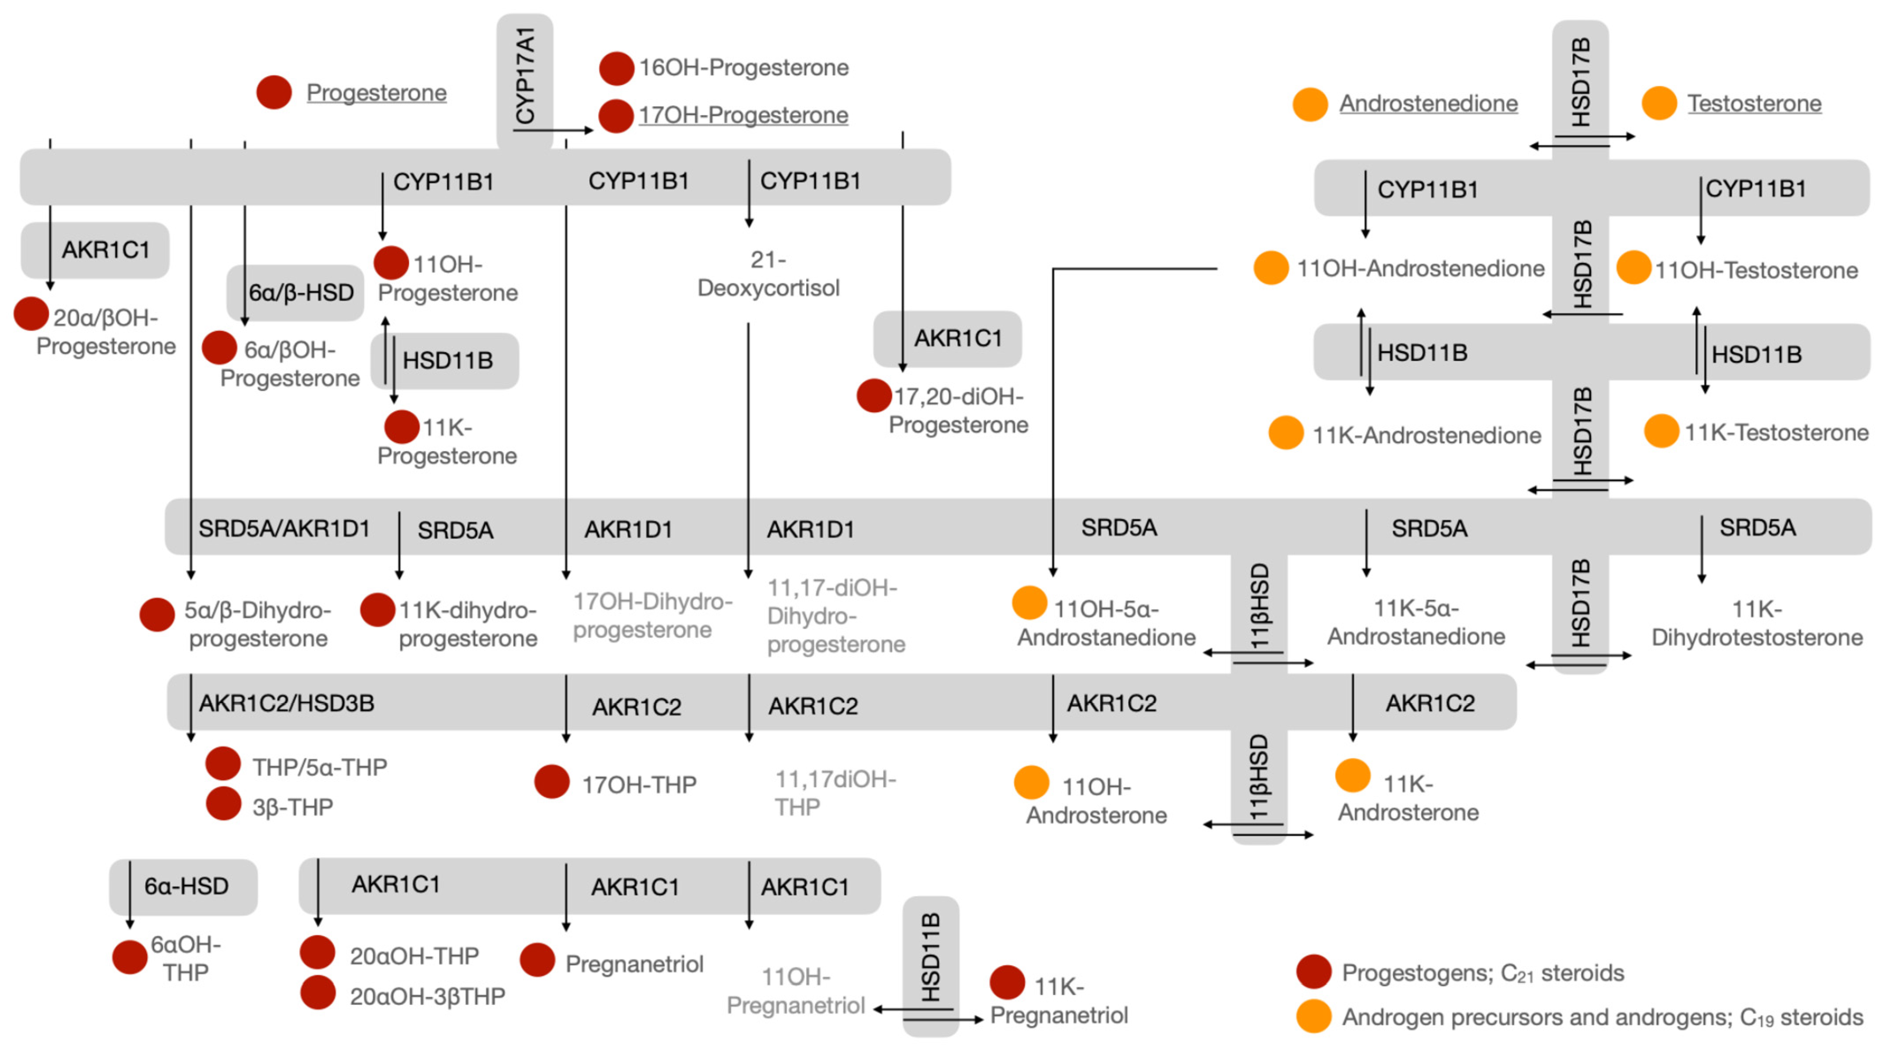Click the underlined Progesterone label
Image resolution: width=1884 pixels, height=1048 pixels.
[376, 93]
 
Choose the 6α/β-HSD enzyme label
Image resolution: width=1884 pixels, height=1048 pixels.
[301, 292]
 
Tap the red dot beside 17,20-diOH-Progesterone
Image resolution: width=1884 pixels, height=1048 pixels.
[873, 396]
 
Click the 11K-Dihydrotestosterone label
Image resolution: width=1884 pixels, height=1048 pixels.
[1757, 623]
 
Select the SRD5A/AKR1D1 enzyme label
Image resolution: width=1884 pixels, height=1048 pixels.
[284, 528]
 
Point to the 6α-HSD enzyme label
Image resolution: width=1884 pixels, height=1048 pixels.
[187, 886]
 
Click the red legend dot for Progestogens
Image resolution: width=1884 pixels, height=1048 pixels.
[1313, 972]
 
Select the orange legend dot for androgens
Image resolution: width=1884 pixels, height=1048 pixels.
[1313, 1017]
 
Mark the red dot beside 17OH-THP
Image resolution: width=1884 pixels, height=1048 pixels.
[551, 782]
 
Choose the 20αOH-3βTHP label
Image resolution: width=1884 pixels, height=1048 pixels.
[427, 996]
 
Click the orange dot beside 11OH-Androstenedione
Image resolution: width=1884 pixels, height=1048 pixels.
[1271, 268]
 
